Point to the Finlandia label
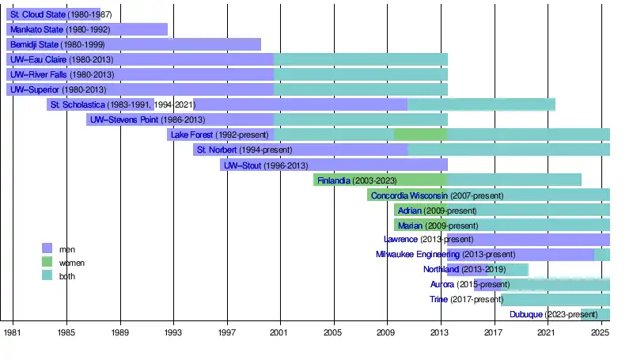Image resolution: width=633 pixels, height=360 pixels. click(333, 180)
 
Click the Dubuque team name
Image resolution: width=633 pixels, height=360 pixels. click(526, 315)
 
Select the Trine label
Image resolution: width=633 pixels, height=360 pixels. click(438, 300)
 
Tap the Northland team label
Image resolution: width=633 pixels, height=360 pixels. click(441, 270)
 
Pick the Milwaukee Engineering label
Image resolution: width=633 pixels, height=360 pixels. click(411, 255)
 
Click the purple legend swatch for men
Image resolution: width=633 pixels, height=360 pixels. click(47, 248)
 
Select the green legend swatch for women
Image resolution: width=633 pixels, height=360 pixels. click(47, 262)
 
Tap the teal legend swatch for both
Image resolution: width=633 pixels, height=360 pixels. click(47, 275)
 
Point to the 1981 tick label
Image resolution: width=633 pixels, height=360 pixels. click(13, 334)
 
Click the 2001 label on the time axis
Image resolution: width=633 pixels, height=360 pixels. click(279, 334)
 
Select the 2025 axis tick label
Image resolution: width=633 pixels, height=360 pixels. click(599, 334)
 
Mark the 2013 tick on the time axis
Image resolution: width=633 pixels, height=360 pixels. click(439, 334)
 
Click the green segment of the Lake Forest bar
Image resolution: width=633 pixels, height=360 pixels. click(419, 135)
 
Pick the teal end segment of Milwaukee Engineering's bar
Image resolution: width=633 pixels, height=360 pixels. click(601, 255)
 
